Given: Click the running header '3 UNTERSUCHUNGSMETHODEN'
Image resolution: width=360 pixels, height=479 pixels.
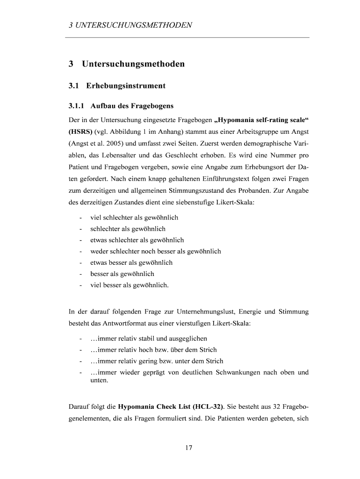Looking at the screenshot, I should click(x=130, y=25).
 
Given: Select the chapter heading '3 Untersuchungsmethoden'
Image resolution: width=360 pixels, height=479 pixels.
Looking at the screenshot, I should click(x=126, y=64).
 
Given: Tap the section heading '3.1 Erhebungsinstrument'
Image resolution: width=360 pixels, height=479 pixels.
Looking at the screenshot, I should click(x=117, y=86).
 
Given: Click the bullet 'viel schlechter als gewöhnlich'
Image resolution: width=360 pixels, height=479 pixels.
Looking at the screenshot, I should click(x=134, y=218).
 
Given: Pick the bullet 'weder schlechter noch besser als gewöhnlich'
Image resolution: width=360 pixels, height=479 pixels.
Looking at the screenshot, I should click(x=156, y=251).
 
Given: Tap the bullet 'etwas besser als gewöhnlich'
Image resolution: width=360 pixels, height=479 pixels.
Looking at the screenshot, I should click(x=131, y=262).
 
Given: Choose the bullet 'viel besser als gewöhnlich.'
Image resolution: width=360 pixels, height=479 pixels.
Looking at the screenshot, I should click(x=130, y=285).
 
